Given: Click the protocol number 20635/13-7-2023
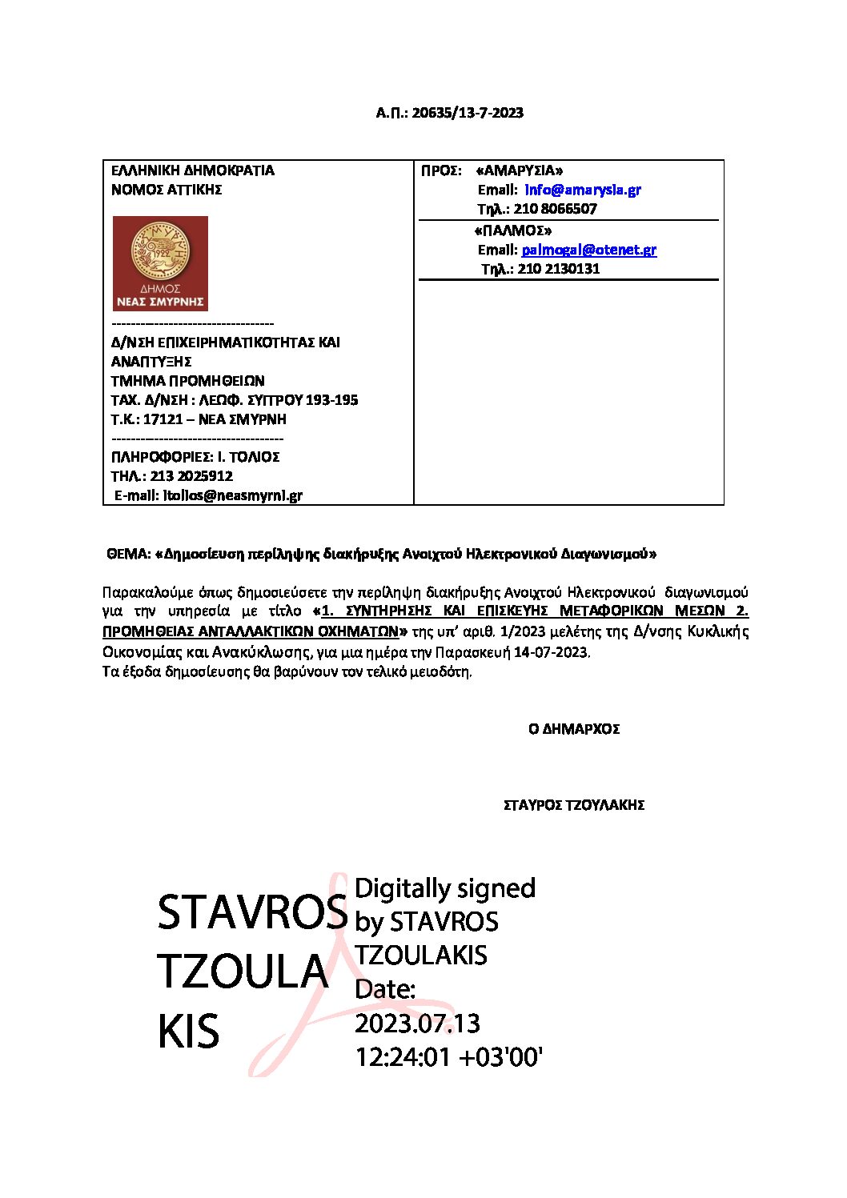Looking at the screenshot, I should tap(468, 113).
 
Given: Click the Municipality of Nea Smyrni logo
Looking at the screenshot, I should tap(160, 263).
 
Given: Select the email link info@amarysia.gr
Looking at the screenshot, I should tap(583, 190).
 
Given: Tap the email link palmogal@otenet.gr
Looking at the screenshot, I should tap(589, 250).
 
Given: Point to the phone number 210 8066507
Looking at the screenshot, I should tap(555, 209).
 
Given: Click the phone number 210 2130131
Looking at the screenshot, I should tap(558, 269).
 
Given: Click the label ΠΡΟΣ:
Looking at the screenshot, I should tap(441, 170).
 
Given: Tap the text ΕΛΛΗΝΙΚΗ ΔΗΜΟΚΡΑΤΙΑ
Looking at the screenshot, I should tap(193, 170).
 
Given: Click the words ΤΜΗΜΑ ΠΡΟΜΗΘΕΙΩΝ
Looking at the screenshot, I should tap(187, 381).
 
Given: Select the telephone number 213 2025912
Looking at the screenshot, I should tap(191, 476).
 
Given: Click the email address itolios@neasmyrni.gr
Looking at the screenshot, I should tap(233, 495).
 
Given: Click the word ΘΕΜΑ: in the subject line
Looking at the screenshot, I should tap(128, 554).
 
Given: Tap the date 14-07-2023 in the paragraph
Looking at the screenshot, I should tap(551, 652).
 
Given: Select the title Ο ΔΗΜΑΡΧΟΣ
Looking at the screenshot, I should tap(574, 729).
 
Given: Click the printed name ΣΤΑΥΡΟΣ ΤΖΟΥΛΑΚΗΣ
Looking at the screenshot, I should tap(574, 805).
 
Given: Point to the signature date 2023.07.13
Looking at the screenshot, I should tap(417, 1024).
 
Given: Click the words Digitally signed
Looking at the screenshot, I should tap(445, 888).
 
